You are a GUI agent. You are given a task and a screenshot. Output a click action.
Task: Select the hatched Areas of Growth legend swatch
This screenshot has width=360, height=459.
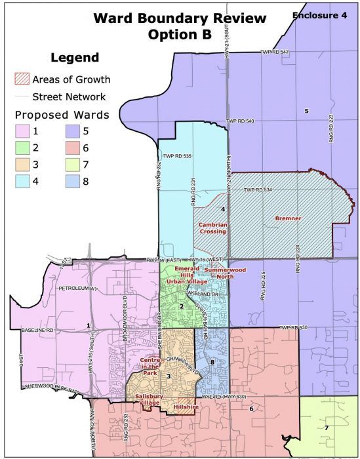pos(22,80)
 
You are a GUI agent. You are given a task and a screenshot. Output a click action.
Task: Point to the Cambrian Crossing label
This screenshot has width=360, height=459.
pos(212,228)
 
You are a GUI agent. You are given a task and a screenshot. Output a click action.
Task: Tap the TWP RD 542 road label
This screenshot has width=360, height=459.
pos(274,52)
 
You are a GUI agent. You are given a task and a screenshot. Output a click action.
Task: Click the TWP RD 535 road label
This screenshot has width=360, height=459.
pos(177,156)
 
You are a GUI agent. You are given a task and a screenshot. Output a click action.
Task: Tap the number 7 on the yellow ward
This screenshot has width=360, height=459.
pos(326,428)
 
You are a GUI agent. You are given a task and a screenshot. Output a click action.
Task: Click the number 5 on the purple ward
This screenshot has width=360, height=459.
pos(306,111)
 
